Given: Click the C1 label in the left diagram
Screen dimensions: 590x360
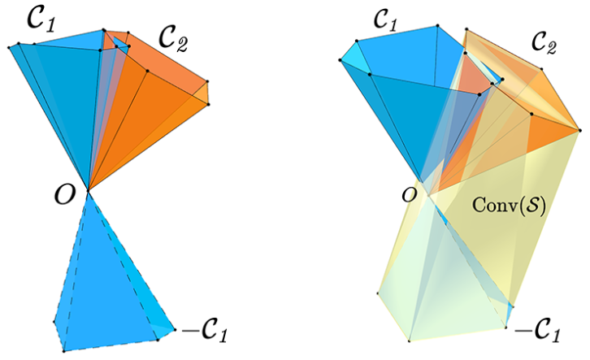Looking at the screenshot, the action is click(x=41, y=19).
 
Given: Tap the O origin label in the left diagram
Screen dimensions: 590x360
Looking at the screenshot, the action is click(x=65, y=195).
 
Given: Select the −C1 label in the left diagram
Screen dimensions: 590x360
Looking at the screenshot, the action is click(x=205, y=330).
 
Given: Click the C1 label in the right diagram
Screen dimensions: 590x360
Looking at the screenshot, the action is click(x=386, y=19).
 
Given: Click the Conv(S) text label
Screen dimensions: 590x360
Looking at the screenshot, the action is click(x=509, y=206).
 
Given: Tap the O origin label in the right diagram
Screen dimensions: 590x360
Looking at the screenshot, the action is click(x=410, y=196).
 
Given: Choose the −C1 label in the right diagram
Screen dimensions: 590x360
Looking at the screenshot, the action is click(x=537, y=332).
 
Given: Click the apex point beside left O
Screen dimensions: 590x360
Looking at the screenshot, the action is click(x=88, y=191).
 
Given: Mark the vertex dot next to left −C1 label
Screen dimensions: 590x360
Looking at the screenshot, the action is click(x=175, y=330).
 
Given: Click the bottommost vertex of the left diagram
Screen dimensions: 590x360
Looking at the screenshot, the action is click(x=64, y=351).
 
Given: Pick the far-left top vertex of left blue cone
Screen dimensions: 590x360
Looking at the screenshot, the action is click(x=9, y=47).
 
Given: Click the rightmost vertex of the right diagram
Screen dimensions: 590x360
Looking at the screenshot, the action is click(x=579, y=130).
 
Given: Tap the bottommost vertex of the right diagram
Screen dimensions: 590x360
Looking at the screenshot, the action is click(x=410, y=340).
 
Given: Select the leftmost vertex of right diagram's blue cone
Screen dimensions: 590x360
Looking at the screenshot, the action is click(x=341, y=60).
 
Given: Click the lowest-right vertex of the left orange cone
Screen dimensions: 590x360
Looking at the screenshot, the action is click(x=208, y=104).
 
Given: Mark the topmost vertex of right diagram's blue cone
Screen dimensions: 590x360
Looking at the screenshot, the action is click(x=437, y=25).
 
